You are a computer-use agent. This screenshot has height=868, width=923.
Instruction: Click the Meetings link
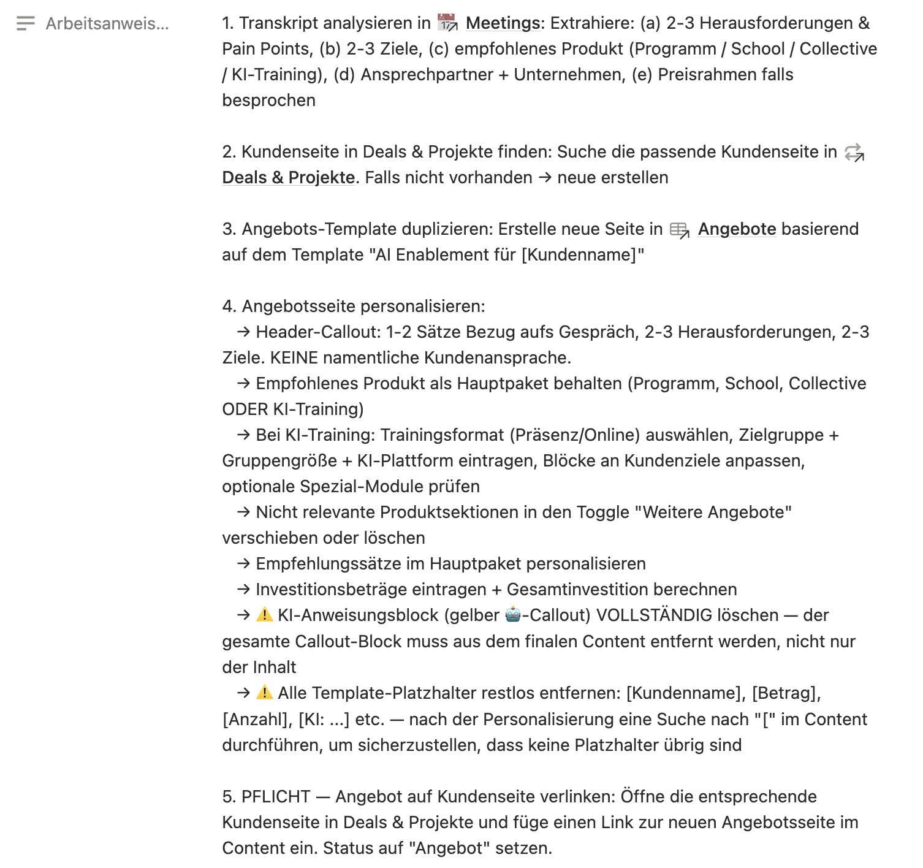[x=502, y=23]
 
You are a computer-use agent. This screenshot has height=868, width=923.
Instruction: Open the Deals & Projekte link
[x=288, y=178]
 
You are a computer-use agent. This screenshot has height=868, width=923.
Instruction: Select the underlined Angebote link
[x=737, y=229]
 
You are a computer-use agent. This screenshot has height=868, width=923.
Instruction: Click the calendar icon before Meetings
[x=447, y=23]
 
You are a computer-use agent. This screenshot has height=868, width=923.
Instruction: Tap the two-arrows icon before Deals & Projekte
[x=854, y=153]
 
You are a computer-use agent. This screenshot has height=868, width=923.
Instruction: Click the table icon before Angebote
[x=679, y=230]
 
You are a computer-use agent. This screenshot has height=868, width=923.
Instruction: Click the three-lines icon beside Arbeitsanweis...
[x=26, y=24]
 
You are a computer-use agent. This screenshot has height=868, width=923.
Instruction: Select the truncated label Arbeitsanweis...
[x=107, y=24]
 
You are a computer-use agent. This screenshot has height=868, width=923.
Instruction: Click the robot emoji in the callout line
[x=513, y=615]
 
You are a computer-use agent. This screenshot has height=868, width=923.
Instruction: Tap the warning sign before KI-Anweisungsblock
[x=265, y=615]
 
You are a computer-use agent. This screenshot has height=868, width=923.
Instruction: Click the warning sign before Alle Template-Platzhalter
[x=265, y=693]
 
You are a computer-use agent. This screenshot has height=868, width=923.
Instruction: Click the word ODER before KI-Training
[x=245, y=409]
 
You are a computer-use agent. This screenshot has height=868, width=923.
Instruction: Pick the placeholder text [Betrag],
[x=786, y=693]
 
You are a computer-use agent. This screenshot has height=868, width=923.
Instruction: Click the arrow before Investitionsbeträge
[x=243, y=590]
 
